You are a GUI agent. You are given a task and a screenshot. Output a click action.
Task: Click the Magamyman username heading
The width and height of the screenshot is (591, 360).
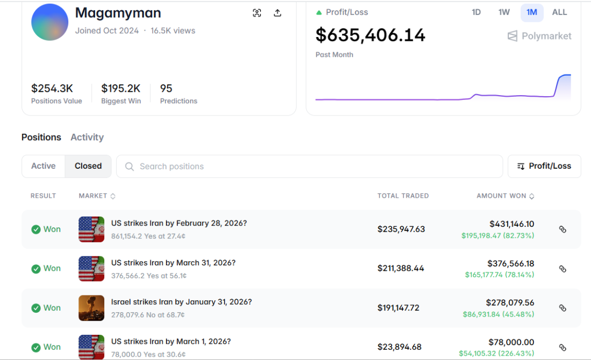118,13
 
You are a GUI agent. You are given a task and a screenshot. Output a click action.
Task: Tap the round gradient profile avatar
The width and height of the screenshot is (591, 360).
49,22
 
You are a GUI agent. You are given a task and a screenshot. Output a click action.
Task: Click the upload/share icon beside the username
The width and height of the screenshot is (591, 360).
277,13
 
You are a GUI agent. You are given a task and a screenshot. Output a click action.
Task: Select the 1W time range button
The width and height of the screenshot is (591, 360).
504,12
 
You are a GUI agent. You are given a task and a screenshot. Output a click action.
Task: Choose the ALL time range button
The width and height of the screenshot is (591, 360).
559,12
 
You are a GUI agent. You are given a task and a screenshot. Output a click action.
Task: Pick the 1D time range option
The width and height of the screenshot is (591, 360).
476,12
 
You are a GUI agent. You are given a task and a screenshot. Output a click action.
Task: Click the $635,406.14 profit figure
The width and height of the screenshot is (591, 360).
370,35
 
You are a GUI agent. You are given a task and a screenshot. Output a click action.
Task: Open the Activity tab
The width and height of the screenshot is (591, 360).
87,137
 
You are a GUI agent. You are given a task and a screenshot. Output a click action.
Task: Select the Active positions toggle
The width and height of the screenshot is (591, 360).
44,166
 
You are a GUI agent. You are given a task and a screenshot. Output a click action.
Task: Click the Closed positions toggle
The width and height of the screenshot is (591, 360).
88,166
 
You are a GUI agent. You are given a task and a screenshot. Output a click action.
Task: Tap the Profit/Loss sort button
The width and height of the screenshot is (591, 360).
544,166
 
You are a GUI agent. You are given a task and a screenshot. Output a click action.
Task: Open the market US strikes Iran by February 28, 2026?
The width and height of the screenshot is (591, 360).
179,223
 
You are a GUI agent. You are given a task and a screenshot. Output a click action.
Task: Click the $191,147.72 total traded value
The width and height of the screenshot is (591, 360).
398,308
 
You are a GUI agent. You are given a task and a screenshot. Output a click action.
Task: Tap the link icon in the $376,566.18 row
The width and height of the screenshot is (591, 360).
563,269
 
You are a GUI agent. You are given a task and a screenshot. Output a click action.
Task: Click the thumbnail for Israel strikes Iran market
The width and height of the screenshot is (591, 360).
91,308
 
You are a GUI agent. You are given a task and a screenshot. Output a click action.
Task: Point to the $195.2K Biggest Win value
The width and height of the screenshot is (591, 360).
121,88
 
